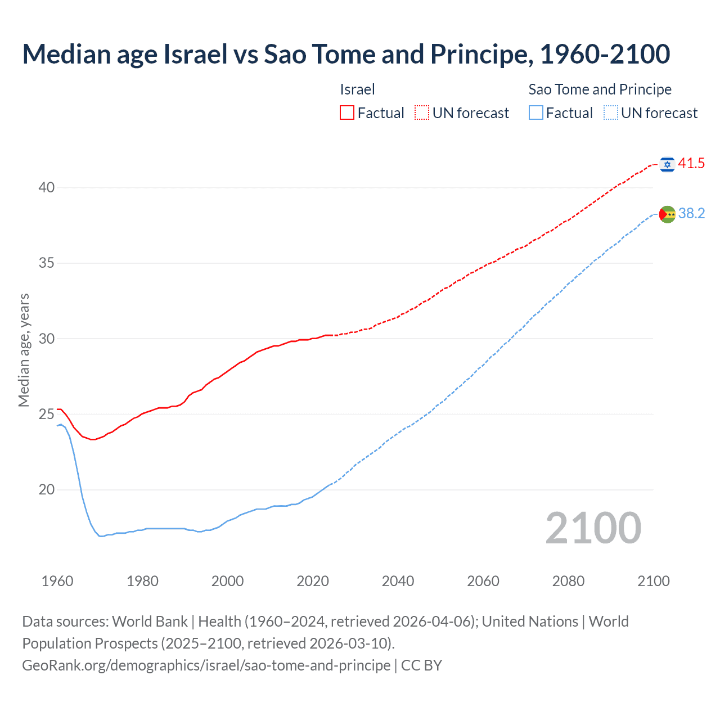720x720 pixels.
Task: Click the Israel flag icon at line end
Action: click(x=667, y=164)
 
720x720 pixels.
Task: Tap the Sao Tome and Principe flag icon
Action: click(x=667, y=214)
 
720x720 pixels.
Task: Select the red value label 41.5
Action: click(x=691, y=164)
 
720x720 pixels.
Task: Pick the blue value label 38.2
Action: click(x=691, y=214)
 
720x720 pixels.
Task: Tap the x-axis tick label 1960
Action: click(x=57, y=582)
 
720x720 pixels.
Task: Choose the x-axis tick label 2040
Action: click(x=398, y=582)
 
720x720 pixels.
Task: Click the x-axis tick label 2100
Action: click(x=653, y=582)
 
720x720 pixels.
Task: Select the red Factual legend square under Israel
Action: click(x=347, y=113)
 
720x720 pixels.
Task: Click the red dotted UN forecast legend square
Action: click(x=422, y=113)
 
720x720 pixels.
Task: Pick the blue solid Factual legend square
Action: click(x=536, y=113)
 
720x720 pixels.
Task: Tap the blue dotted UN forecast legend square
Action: click(x=610, y=113)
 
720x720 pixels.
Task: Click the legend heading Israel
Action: click(x=357, y=89)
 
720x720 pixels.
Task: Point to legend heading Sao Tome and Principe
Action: click(x=600, y=89)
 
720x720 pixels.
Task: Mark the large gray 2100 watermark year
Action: click(x=593, y=528)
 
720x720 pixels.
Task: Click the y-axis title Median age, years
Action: click(x=24, y=350)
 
